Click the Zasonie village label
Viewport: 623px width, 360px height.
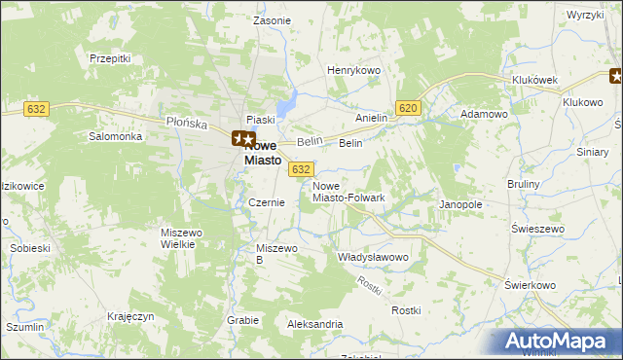click(x=272, y=20)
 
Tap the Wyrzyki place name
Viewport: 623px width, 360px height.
click(x=586, y=16)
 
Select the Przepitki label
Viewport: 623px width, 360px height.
click(x=110, y=58)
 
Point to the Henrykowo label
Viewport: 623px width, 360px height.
click(x=353, y=71)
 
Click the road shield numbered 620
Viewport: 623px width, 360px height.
click(x=408, y=109)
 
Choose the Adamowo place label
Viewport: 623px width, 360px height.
click(x=485, y=114)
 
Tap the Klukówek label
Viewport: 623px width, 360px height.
click(x=533, y=81)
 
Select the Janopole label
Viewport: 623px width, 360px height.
click(x=461, y=205)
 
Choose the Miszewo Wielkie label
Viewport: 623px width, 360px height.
click(x=184, y=238)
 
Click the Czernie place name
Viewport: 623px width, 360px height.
click(x=267, y=202)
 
